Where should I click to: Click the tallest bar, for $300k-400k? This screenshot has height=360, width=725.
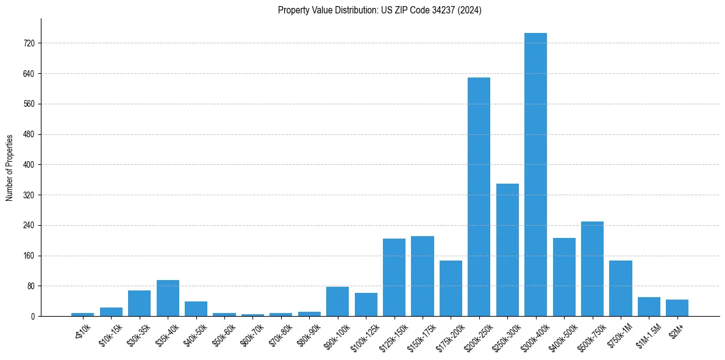pyautogui.click(x=535, y=175)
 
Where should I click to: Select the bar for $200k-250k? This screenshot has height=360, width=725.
pyautogui.click(x=479, y=196)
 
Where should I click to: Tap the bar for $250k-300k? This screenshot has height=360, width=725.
pyautogui.click(x=507, y=250)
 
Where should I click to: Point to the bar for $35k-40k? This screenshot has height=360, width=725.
pyautogui.click(x=168, y=298)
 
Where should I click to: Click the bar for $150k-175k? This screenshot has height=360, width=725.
pyautogui.click(x=422, y=276)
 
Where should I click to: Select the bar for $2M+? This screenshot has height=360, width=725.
pyautogui.click(x=677, y=308)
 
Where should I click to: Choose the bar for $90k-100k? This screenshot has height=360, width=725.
pyautogui.click(x=337, y=301)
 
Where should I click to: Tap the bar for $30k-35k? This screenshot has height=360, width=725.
pyautogui.click(x=139, y=303)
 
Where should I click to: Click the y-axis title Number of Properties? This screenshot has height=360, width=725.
pyautogui.click(x=10, y=168)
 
